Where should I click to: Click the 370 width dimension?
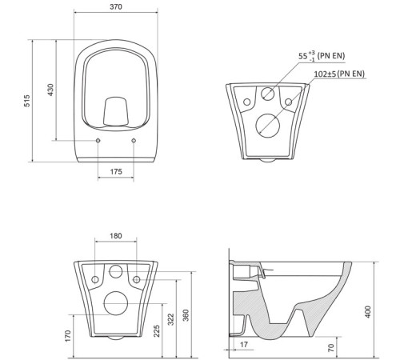(x=116, y=6)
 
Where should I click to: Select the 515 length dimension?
(x=27, y=101)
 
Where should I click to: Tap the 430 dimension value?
(x=50, y=90)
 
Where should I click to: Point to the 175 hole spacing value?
(x=116, y=171)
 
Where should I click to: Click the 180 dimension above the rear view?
(x=116, y=236)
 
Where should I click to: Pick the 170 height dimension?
(x=68, y=336)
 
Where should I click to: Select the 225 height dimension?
(x=157, y=331)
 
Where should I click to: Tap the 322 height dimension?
(x=171, y=319)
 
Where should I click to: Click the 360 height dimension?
(x=186, y=315)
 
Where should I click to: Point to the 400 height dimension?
(x=368, y=312)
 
